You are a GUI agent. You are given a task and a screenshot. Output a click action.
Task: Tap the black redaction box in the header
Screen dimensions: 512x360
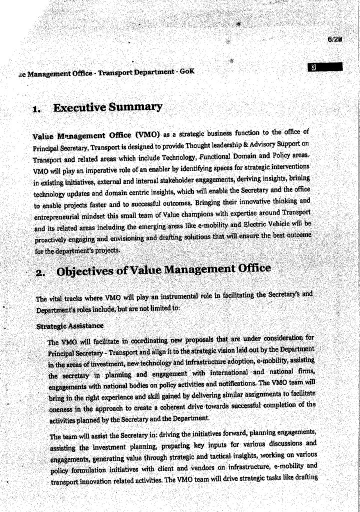(326, 66)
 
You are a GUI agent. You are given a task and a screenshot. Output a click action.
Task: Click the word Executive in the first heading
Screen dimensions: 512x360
(79, 107)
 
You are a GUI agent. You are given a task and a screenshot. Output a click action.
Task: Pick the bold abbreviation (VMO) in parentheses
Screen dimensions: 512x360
(146, 134)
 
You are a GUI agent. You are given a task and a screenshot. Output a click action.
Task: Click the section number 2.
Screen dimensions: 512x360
(39, 273)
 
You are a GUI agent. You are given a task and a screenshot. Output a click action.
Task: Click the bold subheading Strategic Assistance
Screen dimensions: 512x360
(70, 326)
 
